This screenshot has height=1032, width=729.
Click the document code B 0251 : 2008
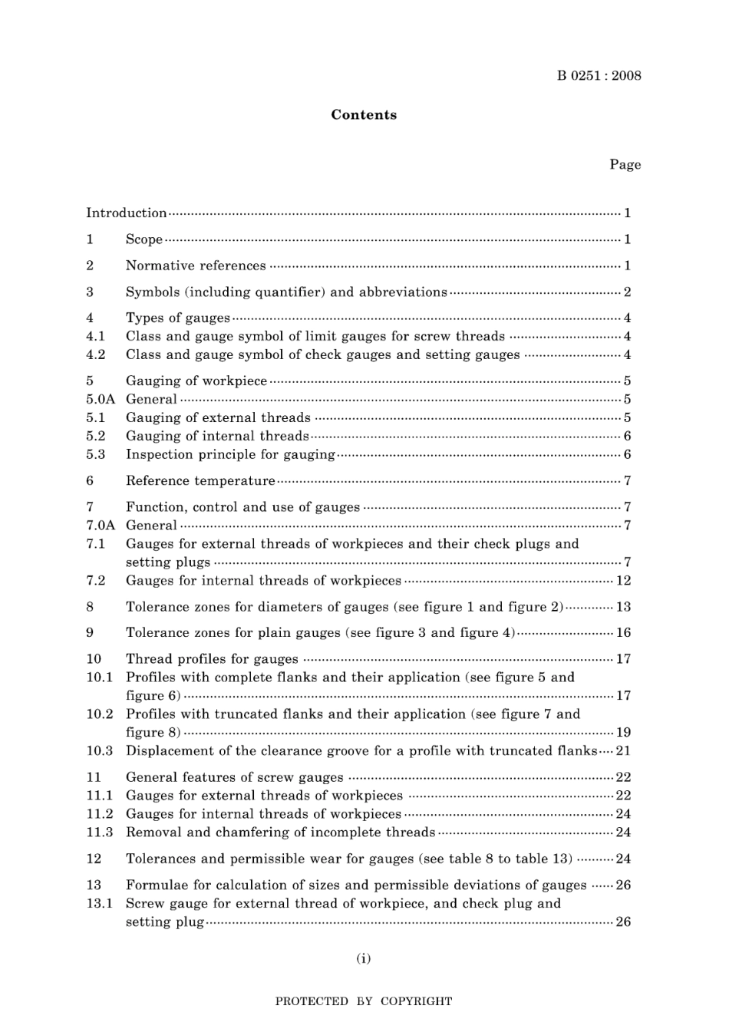pos(599,75)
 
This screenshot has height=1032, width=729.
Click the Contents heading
pos(364,115)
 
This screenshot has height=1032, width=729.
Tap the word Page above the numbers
pos(625,164)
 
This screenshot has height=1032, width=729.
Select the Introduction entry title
pos(126,213)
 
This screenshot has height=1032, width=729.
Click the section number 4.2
pos(96,354)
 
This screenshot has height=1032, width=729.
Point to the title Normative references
pos(196,265)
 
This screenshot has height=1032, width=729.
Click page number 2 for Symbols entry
pos(627,292)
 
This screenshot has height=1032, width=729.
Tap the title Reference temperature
pos(200,481)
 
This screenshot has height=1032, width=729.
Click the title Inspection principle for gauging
pos(230,454)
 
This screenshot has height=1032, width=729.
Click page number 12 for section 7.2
pos(623,581)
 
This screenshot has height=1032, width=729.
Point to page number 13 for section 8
pos(623,607)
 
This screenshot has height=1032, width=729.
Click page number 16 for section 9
pos(623,633)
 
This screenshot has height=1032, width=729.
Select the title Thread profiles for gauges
pos(212,659)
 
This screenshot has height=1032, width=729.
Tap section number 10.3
pos(99,751)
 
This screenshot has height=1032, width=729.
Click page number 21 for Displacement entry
pos(623,751)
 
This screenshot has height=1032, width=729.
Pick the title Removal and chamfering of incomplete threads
pos(280,833)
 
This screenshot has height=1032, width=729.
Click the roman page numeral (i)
pos(364,958)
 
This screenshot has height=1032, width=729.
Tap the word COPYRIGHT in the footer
pos(416,1001)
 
